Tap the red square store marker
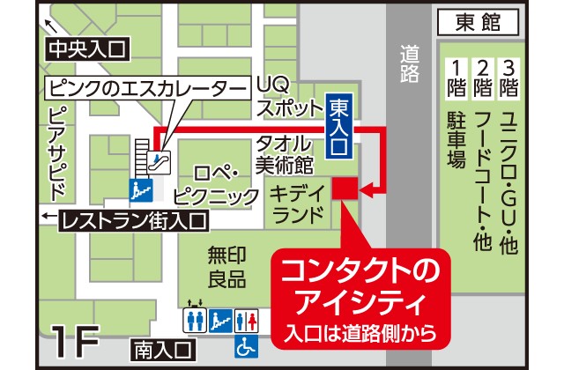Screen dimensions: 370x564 (344, 189)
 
